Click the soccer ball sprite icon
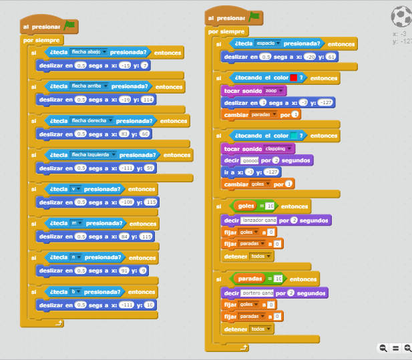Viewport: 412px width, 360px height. click(x=402, y=16)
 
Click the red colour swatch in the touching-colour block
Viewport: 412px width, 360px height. click(x=293, y=78)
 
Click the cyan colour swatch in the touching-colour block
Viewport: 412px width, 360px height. click(x=293, y=136)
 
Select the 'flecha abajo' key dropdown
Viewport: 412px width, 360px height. click(x=89, y=52)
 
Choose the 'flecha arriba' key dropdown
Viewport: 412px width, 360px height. click(x=89, y=86)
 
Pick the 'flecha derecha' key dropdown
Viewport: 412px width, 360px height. click(x=91, y=121)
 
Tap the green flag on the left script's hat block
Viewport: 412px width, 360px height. click(x=69, y=26)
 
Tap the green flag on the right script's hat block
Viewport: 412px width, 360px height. click(x=254, y=18)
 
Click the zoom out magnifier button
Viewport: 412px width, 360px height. click(x=383, y=348)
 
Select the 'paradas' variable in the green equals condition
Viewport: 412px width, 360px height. click(x=250, y=279)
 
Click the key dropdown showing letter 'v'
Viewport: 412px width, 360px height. click(x=76, y=189)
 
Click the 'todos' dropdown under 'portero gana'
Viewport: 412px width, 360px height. click(x=260, y=329)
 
